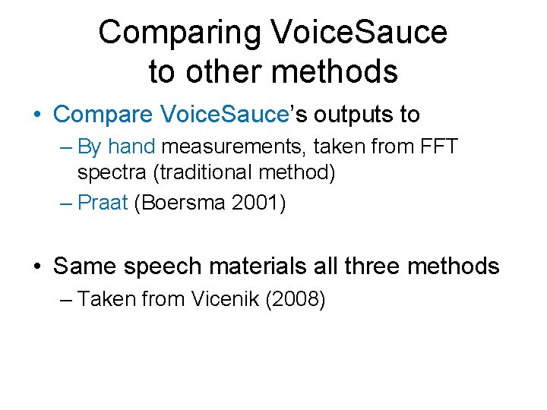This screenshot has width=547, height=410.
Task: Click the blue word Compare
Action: pos(104,115)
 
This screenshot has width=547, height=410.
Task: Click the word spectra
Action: pos(112,172)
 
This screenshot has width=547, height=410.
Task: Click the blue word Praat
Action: pos(103,203)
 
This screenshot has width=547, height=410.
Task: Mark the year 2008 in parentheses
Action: pos(301,300)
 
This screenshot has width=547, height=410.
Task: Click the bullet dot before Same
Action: pos(38,267)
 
